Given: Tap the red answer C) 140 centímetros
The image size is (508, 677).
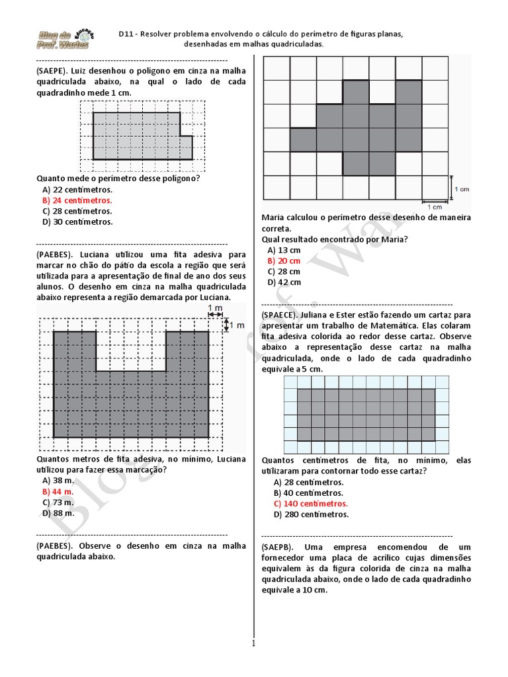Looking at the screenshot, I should (x=310, y=503).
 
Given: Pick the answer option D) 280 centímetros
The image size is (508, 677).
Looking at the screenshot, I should (x=311, y=514).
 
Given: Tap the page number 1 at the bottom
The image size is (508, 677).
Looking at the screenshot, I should (x=253, y=643).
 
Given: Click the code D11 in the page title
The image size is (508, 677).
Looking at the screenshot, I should (x=126, y=33).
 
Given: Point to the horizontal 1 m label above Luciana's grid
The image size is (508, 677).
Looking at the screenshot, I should (x=214, y=309).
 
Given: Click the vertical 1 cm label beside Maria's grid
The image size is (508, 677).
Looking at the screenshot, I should (x=462, y=188).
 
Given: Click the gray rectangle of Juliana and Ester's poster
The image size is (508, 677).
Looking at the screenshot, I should (x=366, y=415).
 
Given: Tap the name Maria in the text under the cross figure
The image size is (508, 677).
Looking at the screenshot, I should (x=273, y=218).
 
